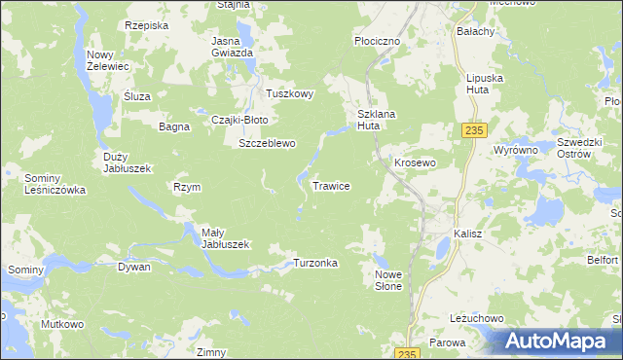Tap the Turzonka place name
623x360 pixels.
(315, 264)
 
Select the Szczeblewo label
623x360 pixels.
(267, 143)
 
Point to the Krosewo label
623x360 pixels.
(414, 162)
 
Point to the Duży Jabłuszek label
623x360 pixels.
(127, 162)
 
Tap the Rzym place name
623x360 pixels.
(186, 187)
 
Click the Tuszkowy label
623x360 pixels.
(290, 94)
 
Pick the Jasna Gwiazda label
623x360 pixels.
(233, 46)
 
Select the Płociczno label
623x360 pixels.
(377, 42)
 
